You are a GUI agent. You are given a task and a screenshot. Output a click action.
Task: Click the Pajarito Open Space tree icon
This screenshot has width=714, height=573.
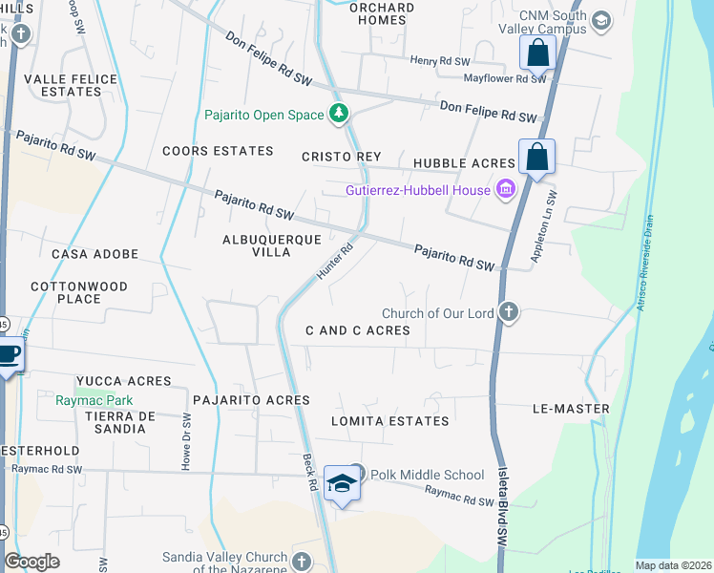338,115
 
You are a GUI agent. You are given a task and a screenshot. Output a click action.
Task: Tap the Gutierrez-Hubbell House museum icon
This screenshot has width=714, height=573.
506,190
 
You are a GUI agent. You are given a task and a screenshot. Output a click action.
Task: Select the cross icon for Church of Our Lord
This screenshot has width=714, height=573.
509,312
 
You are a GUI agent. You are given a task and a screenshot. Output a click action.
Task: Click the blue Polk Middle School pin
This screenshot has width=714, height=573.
341,482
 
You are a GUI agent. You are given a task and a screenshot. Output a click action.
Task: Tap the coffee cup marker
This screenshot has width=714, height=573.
9,355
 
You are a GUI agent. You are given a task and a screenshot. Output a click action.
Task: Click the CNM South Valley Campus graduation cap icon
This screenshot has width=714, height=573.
601,20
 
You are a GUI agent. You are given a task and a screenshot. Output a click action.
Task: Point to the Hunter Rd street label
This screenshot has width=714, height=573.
334,261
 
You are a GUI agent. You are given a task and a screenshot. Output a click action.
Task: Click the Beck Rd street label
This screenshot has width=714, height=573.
311,471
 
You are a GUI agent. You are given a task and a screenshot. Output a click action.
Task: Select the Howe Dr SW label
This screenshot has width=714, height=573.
186,442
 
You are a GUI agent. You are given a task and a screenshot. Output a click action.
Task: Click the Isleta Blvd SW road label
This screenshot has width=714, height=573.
503,517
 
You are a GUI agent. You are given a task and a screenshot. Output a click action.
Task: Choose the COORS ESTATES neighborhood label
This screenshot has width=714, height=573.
218,151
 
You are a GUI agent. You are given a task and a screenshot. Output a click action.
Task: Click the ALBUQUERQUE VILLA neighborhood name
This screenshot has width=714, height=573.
257,245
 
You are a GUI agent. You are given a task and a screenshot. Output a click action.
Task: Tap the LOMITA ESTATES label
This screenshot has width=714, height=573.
389,421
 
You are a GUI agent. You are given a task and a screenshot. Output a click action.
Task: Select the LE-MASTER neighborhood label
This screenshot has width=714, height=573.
571,409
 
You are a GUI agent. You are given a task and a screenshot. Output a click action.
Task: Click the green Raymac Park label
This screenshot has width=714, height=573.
94,401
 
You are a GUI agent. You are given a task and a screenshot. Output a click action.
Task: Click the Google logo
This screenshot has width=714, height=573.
32,562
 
